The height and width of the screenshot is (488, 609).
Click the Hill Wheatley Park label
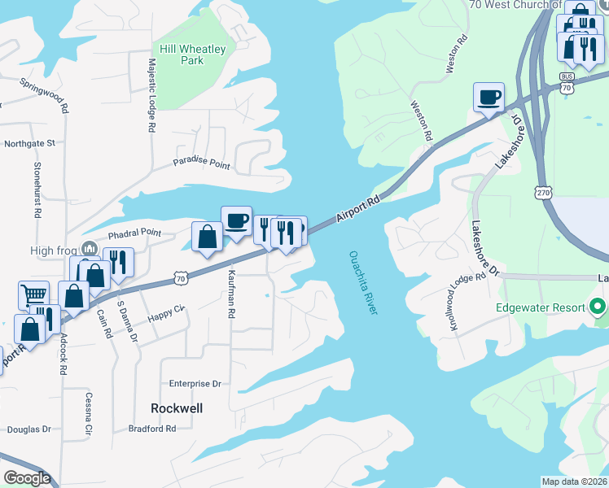[192, 54]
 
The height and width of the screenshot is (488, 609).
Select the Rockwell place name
[177, 408]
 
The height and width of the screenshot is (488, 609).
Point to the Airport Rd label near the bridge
[358, 209]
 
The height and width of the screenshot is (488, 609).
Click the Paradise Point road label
[201, 163]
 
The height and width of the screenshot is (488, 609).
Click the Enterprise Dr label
[195, 383]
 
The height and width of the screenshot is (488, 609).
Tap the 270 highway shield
[543, 192]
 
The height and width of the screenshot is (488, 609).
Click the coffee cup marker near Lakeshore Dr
[489, 98]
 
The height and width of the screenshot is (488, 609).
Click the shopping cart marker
[33, 295]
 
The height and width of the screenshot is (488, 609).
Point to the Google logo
[27, 478]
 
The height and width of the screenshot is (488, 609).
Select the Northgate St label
[29, 143]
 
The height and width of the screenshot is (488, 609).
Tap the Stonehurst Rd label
[37, 190]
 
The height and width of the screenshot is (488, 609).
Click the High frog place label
[53, 251]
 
